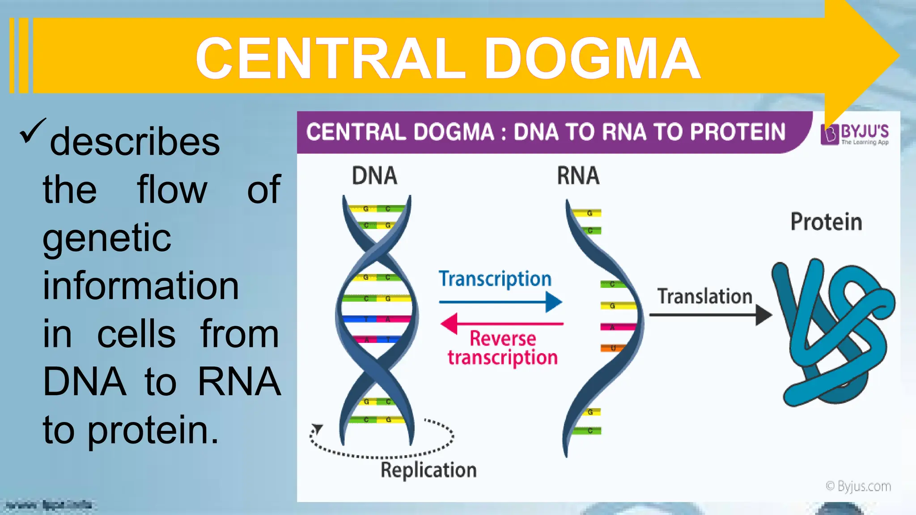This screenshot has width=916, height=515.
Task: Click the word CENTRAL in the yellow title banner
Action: (x=331, y=58)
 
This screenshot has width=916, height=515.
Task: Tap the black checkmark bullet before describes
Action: (x=32, y=131)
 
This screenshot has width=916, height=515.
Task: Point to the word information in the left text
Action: (x=140, y=286)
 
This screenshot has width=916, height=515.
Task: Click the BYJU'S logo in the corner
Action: (x=855, y=134)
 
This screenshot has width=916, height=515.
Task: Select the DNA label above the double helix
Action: (x=374, y=175)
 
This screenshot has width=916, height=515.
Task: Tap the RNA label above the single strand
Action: (x=578, y=175)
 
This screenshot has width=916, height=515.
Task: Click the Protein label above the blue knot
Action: (x=826, y=222)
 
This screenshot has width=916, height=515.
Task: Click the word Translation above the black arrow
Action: (x=704, y=296)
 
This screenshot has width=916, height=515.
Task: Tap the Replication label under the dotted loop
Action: (x=428, y=470)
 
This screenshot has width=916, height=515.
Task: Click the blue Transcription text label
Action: (x=495, y=279)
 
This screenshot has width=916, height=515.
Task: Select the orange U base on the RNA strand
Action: (x=612, y=348)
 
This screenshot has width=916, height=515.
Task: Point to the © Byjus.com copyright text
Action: (x=858, y=486)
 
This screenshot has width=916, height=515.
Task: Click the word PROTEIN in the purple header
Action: (x=738, y=132)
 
